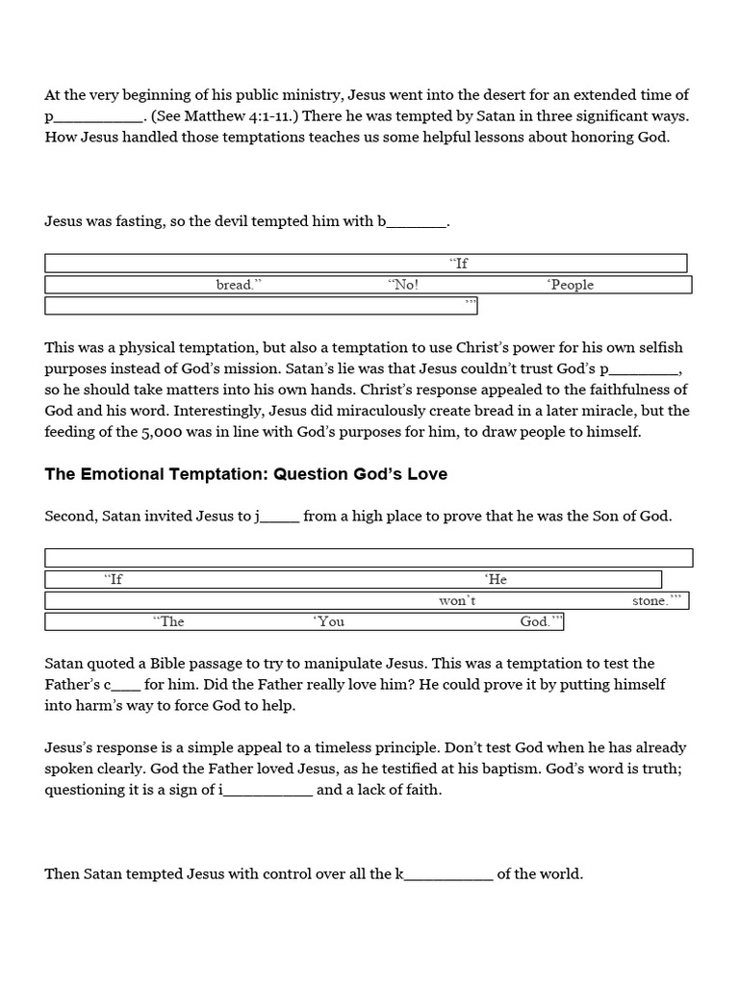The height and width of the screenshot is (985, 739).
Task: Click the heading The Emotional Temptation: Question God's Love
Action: (x=245, y=474)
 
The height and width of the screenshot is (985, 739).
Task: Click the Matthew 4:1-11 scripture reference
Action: (x=223, y=115)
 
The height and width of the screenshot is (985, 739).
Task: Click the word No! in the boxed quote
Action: (x=403, y=285)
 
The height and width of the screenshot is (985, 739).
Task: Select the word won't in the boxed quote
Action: (x=457, y=600)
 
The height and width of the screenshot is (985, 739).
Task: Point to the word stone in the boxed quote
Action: (x=650, y=600)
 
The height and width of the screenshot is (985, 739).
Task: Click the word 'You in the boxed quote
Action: (x=328, y=621)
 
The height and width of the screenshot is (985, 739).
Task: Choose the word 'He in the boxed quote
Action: (x=496, y=579)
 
